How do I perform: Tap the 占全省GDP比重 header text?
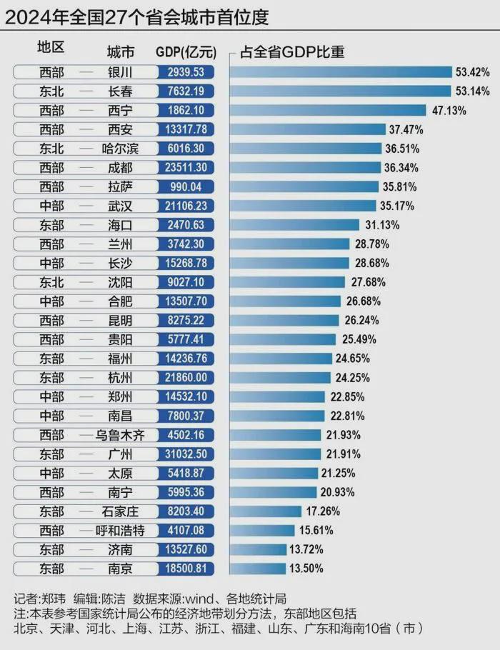pyautogui.click(x=292, y=53)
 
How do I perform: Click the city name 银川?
pyautogui.click(x=121, y=72)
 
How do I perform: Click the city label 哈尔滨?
pyautogui.click(x=121, y=149)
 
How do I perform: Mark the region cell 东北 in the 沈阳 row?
pyautogui.click(x=51, y=282)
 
